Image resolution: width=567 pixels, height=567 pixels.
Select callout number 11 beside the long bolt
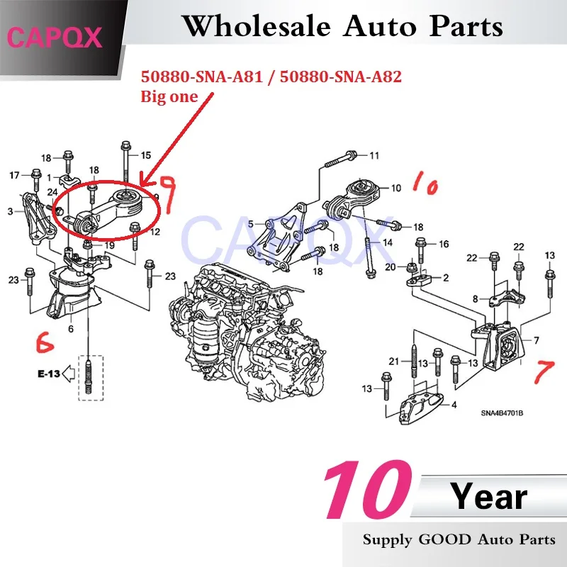click(x=374, y=155)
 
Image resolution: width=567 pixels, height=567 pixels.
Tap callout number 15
click(x=145, y=155)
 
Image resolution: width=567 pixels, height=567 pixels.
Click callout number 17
click(x=14, y=174)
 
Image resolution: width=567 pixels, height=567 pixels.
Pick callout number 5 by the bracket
click(x=250, y=225)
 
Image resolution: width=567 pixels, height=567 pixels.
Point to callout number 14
click(x=387, y=243)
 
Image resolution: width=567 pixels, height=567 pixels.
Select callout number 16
click(x=443, y=245)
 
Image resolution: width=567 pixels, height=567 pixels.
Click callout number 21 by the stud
click(x=394, y=361)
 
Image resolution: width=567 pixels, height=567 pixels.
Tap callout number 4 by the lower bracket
click(x=454, y=405)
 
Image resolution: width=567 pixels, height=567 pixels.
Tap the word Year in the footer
click(x=490, y=498)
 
